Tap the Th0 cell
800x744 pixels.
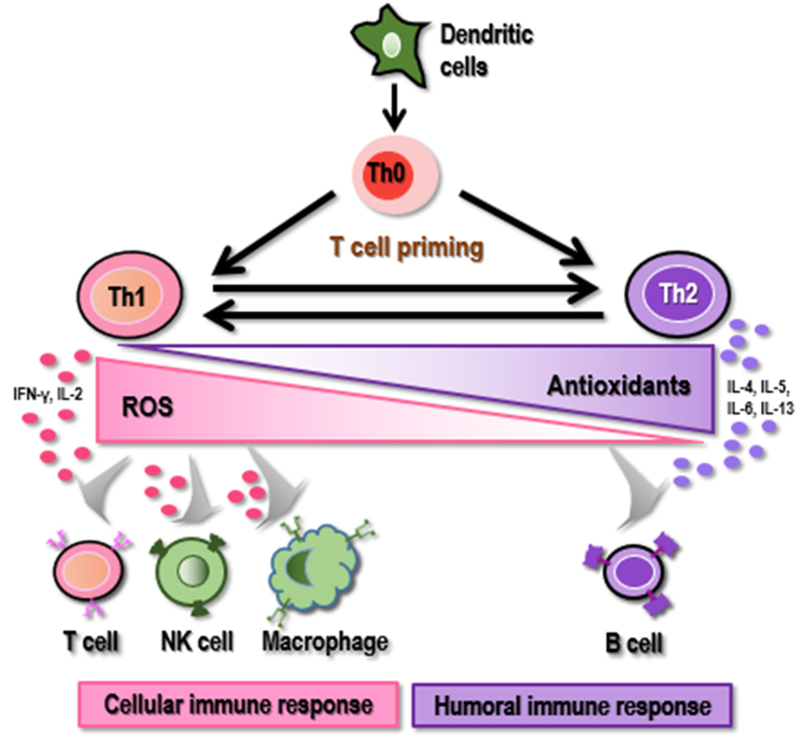(x=396, y=174)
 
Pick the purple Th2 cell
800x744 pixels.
(x=677, y=294)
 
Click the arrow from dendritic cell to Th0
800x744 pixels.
(x=394, y=107)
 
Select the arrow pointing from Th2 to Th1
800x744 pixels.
(x=403, y=316)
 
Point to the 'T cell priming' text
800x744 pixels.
(x=407, y=247)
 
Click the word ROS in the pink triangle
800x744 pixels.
(x=147, y=407)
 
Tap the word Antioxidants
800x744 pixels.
(x=619, y=386)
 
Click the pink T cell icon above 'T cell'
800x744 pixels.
(x=87, y=573)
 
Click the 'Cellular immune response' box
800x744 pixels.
(x=238, y=705)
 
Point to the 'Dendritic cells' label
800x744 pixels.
(x=486, y=50)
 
